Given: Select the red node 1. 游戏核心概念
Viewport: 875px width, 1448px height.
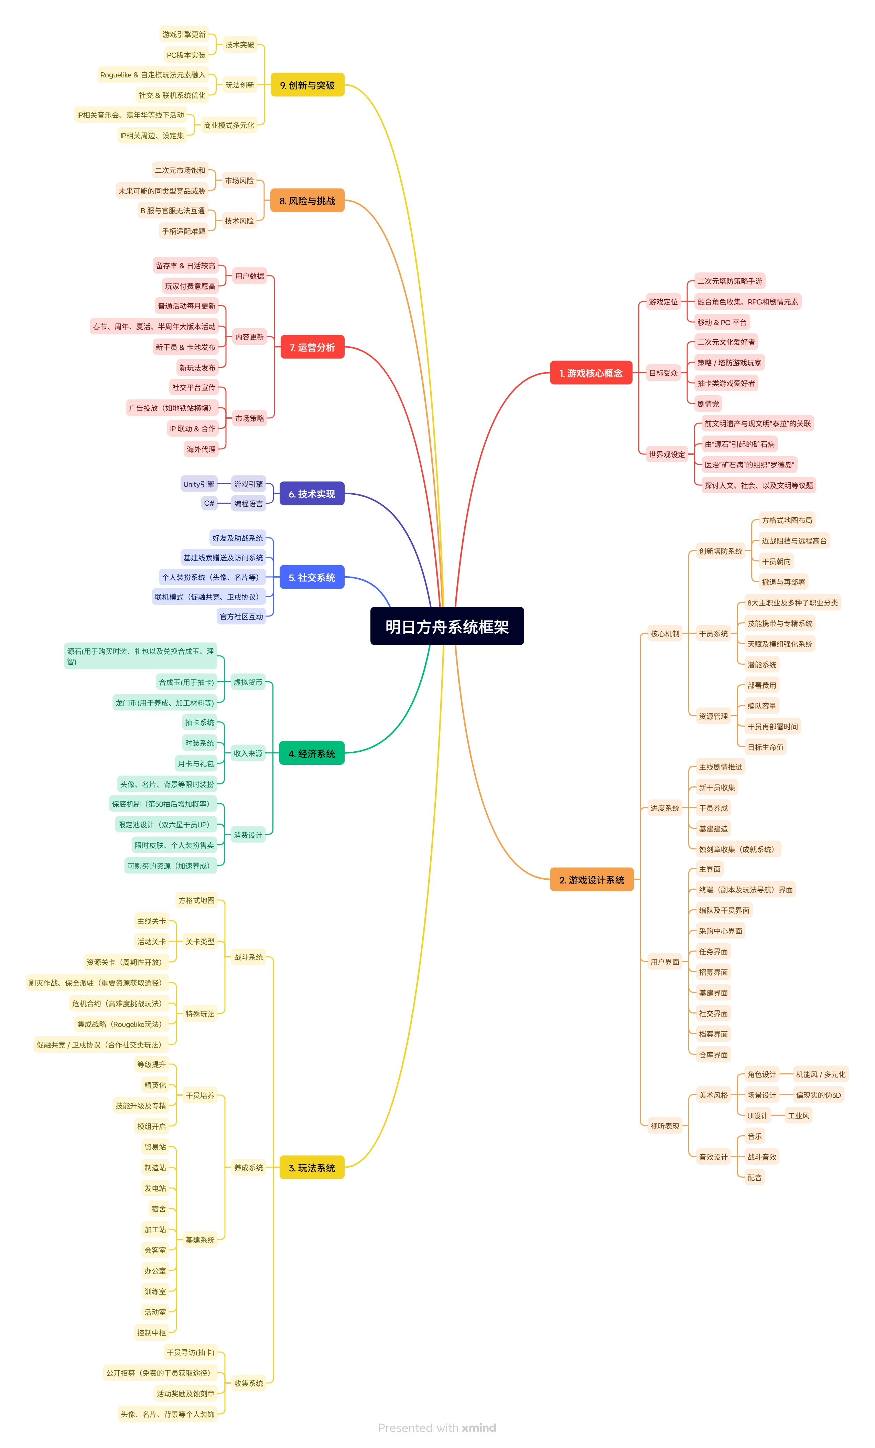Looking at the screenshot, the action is (x=591, y=373).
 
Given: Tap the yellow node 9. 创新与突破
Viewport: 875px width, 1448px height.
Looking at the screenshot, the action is (x=307, y=85).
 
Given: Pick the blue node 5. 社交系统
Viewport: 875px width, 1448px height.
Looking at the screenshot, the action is (x=312, y=577).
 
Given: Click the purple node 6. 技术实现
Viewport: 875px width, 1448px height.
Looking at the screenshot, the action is (x=312, y=494).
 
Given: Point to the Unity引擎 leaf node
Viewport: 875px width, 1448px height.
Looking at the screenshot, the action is (x=198, y=484).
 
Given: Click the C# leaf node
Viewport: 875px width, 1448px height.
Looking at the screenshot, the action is (x=209, y=503).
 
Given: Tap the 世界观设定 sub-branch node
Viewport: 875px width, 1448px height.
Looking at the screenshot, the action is (x=667, y=454).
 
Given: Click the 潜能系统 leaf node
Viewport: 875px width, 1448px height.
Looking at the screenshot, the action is (x=761, y=665).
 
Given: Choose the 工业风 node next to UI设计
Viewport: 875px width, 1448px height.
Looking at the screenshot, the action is (x=799, y=1115).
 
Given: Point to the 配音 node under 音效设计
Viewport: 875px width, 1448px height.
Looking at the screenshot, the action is (x=755, y=1177).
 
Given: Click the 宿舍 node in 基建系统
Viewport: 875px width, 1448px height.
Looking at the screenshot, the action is (x=159, y=1209).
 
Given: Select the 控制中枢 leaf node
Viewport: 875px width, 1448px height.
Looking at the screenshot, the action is (x=152, y=1332).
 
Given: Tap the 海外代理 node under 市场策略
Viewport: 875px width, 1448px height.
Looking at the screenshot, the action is (x=201, y=449).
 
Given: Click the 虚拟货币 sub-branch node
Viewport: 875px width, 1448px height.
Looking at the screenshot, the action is (x=248, y=682).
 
